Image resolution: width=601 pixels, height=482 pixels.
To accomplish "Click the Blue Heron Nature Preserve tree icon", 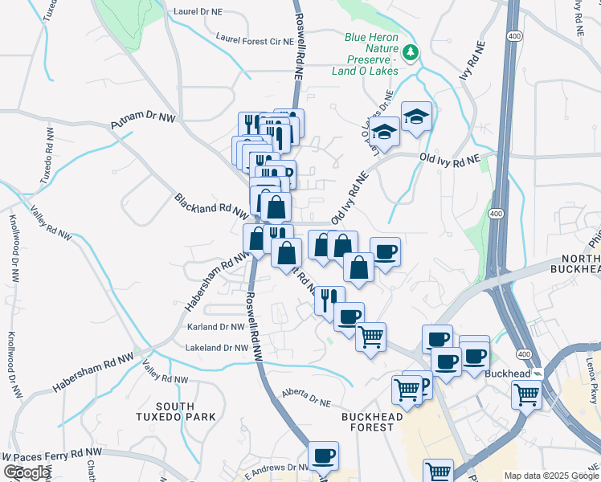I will coord(411,53).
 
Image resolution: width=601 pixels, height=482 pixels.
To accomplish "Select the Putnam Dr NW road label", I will coord(143,122).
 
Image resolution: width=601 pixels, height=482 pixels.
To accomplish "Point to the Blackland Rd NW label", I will coord(212,206).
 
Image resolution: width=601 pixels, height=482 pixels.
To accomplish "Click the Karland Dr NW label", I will coord(215,327).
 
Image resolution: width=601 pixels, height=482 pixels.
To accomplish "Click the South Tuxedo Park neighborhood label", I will coord(186,411).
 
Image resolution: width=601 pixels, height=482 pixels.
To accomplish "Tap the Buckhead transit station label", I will coord(508,374).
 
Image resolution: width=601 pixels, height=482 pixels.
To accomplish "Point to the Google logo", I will coord(27,472).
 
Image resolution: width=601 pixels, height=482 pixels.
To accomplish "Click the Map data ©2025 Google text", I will coord(551,476).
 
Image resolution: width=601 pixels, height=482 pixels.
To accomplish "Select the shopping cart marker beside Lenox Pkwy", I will coord(527,394).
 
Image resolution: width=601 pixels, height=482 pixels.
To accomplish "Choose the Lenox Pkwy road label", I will coord(591,366).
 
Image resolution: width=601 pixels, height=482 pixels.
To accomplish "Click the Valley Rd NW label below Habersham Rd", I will coord(166,372).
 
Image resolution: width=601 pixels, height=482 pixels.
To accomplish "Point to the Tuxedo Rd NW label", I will coord(47,156).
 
